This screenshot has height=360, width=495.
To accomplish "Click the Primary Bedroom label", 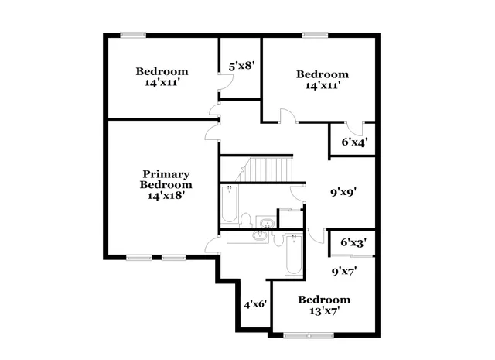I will click(166, 180).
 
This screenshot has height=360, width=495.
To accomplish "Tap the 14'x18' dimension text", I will click(166, 196).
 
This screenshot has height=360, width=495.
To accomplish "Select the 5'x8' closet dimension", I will click(241, 66).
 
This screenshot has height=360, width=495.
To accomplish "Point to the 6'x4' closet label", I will click(353, 142).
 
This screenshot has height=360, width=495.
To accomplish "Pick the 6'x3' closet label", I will click(353, 242).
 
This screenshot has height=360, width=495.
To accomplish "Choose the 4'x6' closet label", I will click(254, 304).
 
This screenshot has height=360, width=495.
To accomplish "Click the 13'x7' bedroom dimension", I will click(324, 310).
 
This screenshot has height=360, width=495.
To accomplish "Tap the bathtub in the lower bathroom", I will click(292, 258).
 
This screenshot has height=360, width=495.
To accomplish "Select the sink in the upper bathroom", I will click(265, 225).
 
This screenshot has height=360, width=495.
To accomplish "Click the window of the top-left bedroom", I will click(134, 34).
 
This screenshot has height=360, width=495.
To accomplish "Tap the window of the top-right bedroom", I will click(313, 34).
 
